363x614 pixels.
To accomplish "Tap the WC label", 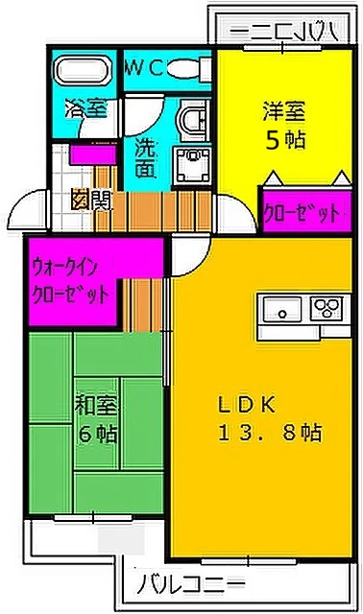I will (150, 67).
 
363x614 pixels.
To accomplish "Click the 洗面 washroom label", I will (145, 159).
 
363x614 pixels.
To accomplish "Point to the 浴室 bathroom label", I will (85, 108).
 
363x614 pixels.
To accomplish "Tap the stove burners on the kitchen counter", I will (327, 309).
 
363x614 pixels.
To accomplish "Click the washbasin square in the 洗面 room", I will (191, 158).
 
